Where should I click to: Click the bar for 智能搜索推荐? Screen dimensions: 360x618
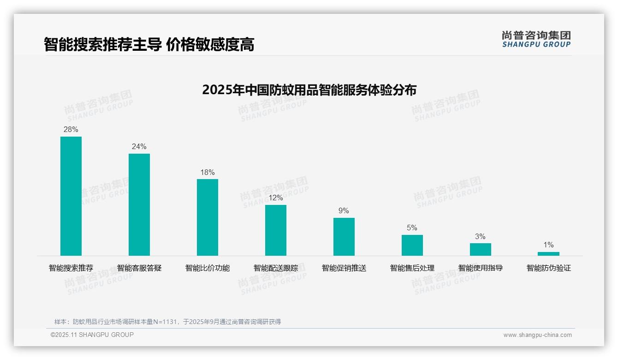(x=71, y=196)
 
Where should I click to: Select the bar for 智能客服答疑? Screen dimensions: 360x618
(x=139, y=204)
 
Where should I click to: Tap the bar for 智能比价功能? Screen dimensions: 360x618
(x=208, y=217)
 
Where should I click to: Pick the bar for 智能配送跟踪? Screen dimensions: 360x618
(x=276, y=230)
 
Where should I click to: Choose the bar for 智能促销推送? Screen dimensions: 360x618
(x=344, y=237)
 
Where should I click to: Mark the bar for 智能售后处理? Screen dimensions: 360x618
(x=412, y=245)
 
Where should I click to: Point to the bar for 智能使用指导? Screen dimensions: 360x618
(x=481, y=249)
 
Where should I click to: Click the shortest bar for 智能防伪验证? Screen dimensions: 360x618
(x=548, y=254)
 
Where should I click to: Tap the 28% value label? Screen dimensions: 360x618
(x=71, y=130)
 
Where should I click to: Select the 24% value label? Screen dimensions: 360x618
(x=139, y=147)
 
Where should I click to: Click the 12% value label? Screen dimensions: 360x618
(x=276, y=198)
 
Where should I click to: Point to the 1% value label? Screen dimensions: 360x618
(x=548, y=245)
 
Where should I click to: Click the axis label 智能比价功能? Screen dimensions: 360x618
(x=208, y=268)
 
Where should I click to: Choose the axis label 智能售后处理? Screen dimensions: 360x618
(x=412, y=268)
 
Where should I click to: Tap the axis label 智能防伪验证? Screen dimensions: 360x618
(x=549, y=268)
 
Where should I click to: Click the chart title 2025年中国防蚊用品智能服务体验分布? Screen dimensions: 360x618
(x=309, y=90)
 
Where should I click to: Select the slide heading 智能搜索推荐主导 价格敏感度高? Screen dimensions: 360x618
(x=149, y=45)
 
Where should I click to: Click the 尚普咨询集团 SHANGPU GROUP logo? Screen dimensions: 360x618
(x=536, y=39)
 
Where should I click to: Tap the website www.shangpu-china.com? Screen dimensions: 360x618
(x=537, y=335)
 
